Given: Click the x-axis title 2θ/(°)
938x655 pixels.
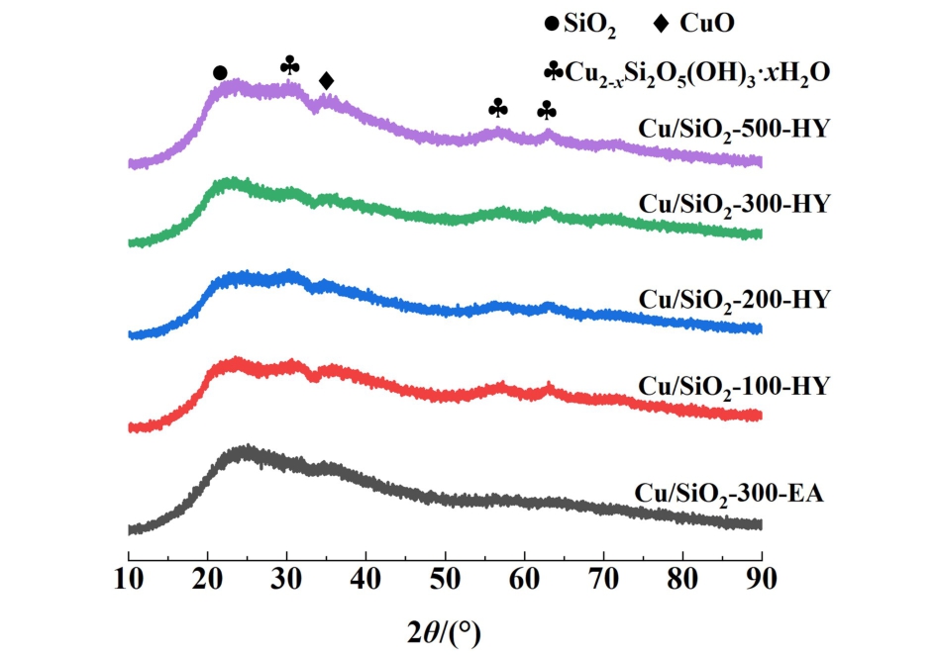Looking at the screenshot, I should (x=445, y=628).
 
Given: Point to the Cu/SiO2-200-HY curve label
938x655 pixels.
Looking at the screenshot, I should (x=734, y=298).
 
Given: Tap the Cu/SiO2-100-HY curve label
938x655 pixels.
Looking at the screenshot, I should (x=734, y=385).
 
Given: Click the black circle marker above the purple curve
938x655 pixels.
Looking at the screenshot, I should (x=220, y=73).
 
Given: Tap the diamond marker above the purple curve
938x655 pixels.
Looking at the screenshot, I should (x=327, y=80).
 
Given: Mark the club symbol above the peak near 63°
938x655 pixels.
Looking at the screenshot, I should (x=547, y=110).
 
